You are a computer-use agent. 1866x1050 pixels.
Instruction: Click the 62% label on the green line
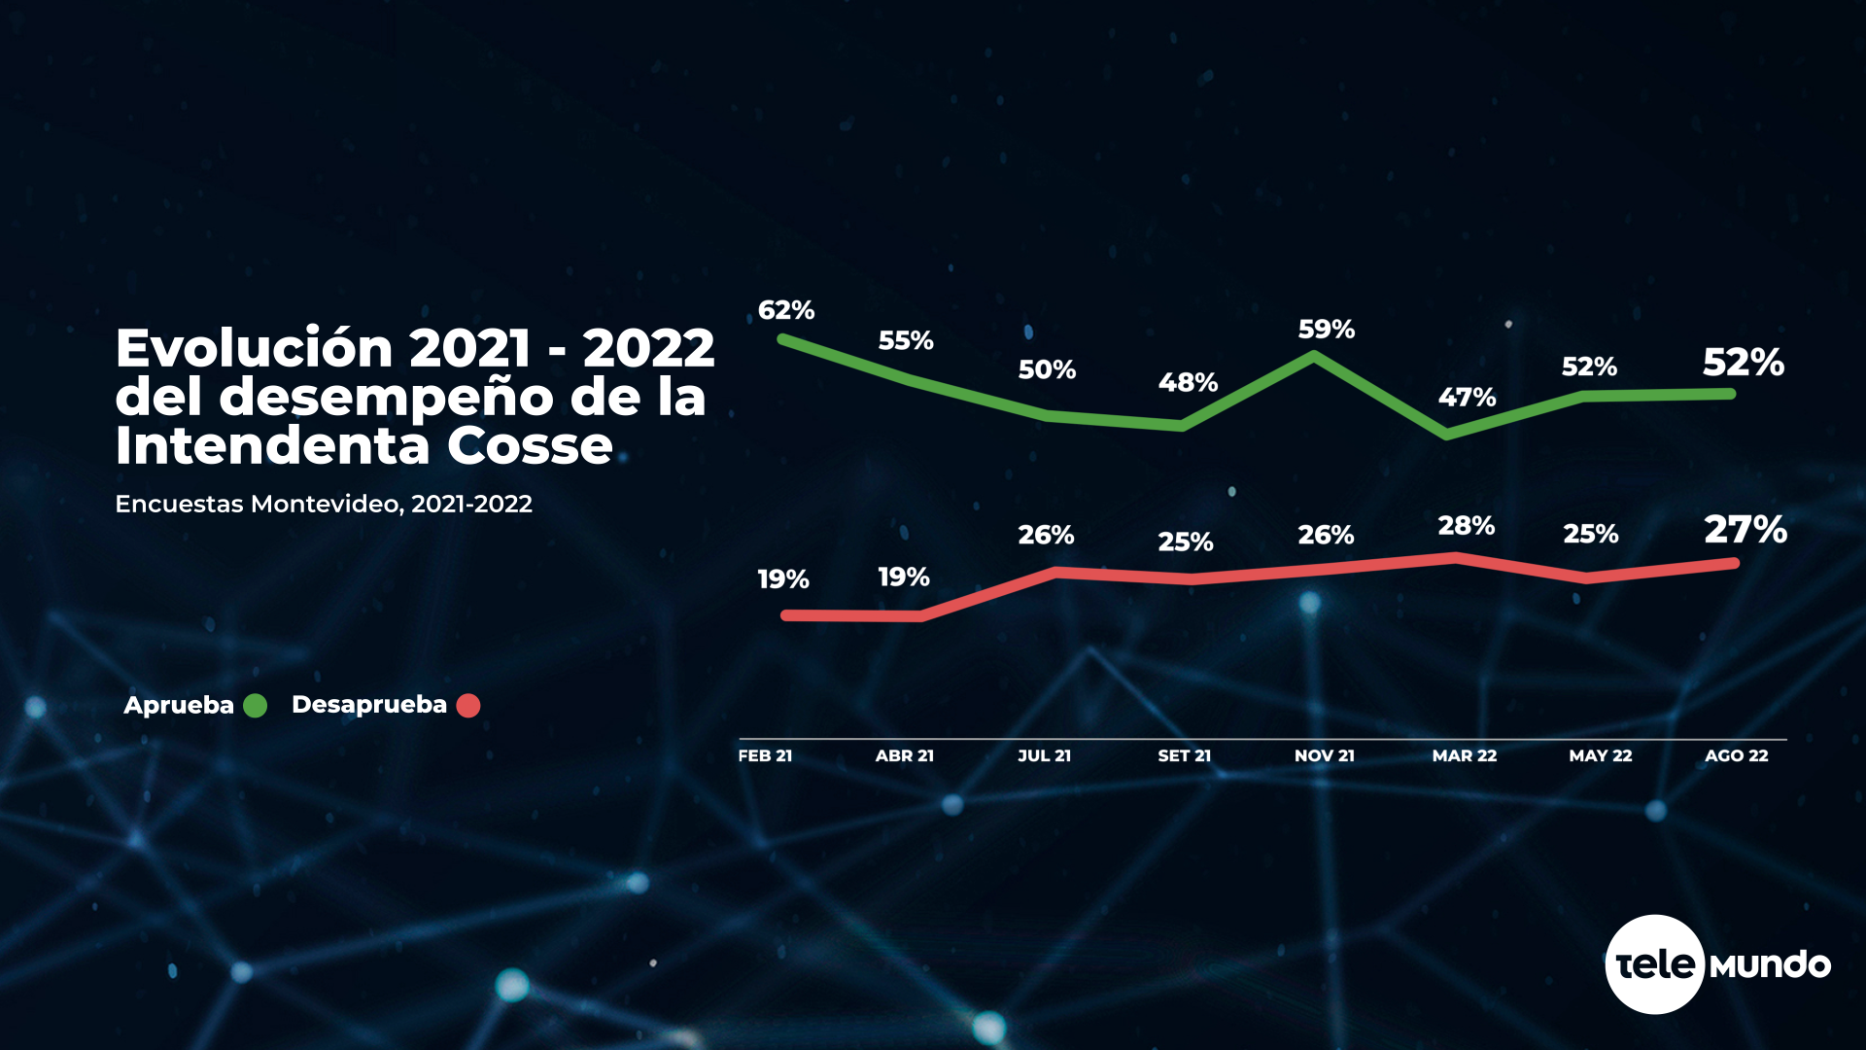click(785, 310)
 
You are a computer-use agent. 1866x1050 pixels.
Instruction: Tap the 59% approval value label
click(1326, 330)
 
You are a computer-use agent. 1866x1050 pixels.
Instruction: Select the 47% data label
click(1467, 397)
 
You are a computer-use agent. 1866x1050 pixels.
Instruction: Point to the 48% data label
click(1188, 382)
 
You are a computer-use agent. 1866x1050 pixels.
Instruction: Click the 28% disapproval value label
click(1466, 526)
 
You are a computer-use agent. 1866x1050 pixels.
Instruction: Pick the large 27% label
click(1745, 530)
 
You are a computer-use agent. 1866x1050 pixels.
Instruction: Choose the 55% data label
click(905, 340)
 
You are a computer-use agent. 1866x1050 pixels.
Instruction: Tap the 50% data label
click(1047, 369)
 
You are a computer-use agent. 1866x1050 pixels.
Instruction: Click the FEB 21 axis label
click(765, 755)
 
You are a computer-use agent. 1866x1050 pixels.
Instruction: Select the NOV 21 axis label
click(1324, 755)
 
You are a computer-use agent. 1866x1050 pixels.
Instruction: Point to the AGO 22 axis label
click(1736, 755)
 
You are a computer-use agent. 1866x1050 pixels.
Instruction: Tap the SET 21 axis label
click(1184, 755)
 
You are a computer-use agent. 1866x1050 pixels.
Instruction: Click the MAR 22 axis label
click(1464, 755)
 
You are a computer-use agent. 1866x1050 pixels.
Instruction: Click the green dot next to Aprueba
click(255, 706)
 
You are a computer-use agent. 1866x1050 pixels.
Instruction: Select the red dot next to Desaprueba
click(468, 706)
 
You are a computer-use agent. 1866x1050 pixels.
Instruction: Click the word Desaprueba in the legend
click(368, 705)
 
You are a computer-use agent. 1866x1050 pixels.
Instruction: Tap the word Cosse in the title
click(530, 446)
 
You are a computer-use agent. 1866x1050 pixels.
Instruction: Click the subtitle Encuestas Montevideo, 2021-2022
click(324, 504)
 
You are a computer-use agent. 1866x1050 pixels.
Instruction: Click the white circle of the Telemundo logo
click(1654, 964)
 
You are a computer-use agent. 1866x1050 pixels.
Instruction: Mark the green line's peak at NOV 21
click(1315, 357)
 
